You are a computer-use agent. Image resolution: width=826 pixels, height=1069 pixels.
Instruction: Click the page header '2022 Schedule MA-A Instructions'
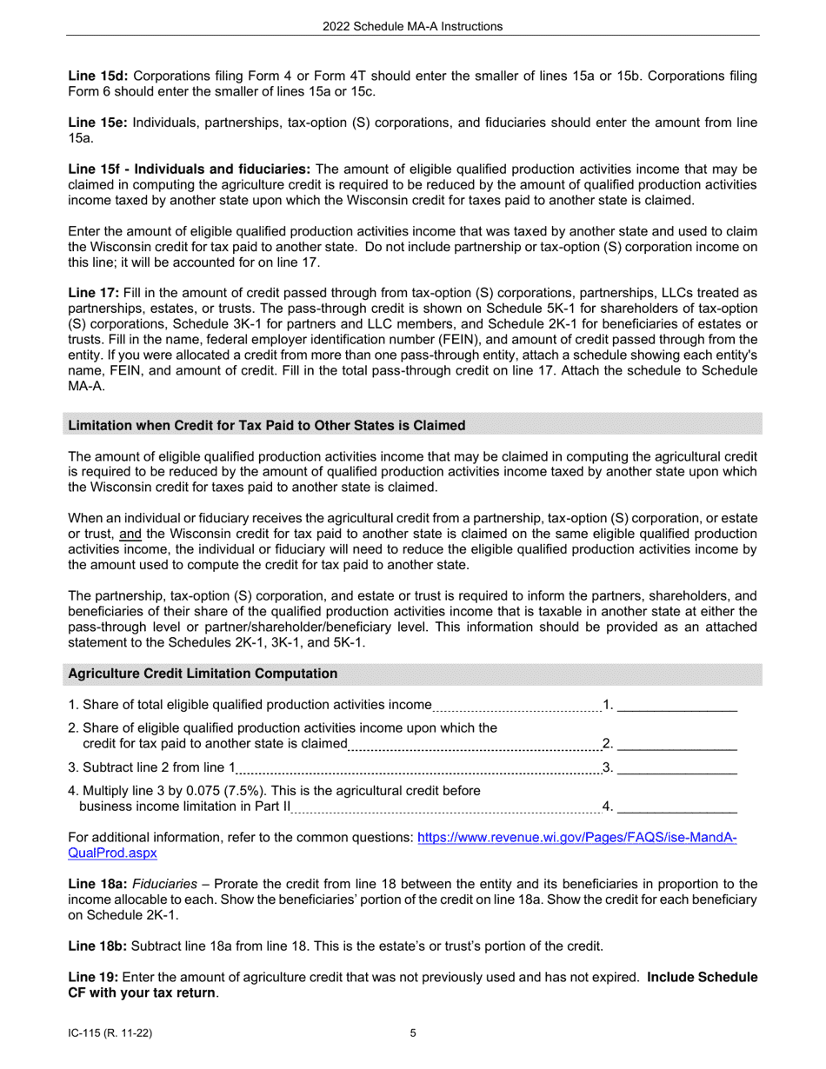pyautogui.click(x=412, y=26)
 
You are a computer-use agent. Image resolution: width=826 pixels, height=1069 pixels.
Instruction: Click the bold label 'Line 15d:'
pyautogui.click(x=97, y=76)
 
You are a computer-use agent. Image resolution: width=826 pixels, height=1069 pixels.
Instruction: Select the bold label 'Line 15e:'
pyautogui.click(x=97, y=123)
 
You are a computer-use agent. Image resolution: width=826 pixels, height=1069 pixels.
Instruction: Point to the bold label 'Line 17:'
pyautogui.click(x=93, y=293)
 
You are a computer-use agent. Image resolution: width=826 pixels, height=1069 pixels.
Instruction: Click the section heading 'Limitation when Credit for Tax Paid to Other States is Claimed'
pyautogui.click(x=266, y=425)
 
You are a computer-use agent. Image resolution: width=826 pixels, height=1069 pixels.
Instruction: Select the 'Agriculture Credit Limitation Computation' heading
pyautogui.click(x=203, y=674)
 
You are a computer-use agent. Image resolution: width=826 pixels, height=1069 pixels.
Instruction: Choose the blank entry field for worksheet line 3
pyautogui.click(x=676, y=767)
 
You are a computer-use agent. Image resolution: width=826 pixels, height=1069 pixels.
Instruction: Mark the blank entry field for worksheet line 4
pyautogui.click(x=676, y=807)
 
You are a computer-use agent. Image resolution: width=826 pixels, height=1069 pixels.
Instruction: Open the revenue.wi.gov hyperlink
pyautogui.click(x=577, y=838)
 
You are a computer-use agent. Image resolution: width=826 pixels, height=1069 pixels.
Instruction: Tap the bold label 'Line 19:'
pyautogui.click(x=93, y=977)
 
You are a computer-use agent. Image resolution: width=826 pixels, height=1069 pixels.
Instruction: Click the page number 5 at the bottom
pyautogui.click(x=413, y=1033)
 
